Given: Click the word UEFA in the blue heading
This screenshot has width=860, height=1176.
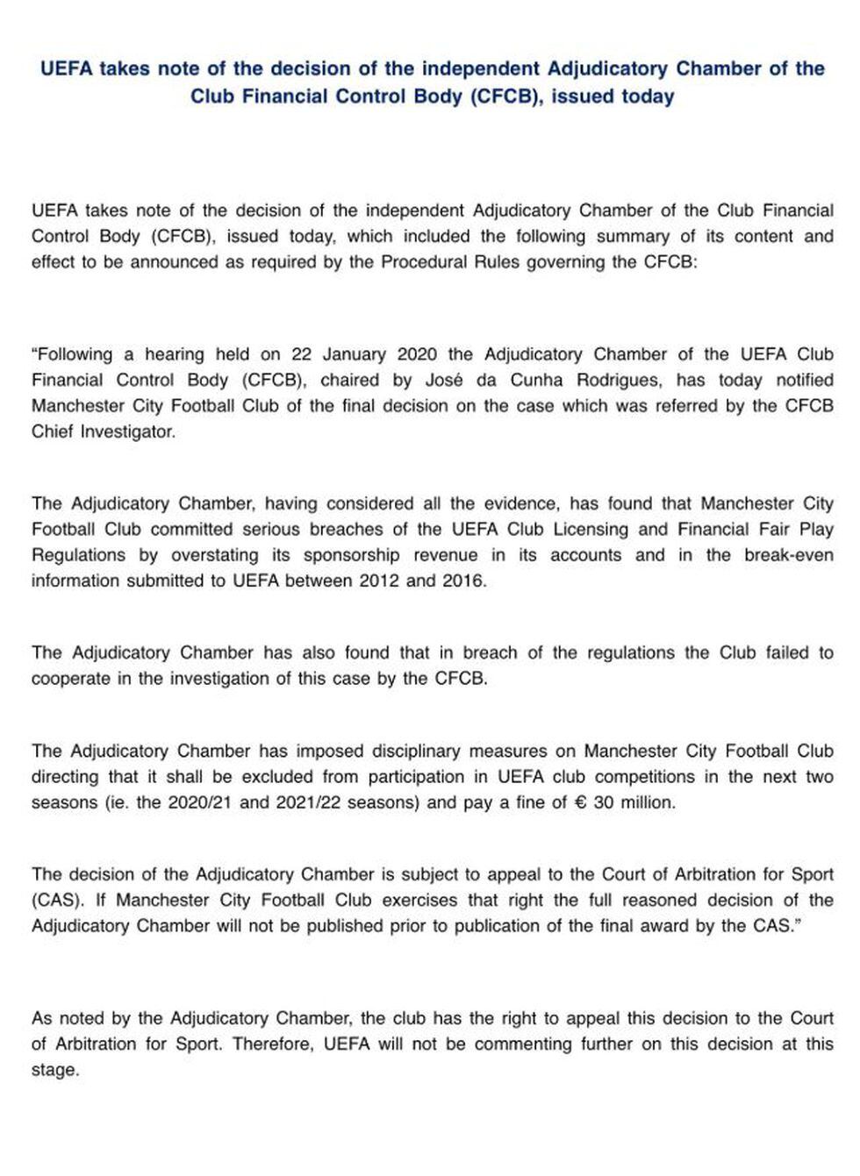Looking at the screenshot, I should coord(66,69).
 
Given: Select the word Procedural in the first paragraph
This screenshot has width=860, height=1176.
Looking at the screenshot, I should coord(419,262).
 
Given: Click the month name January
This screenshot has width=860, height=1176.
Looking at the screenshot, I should coord(355,354).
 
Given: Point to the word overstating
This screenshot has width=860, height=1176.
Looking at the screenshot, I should coord(214,555).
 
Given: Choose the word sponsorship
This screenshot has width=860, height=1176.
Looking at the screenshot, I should coord(351,555).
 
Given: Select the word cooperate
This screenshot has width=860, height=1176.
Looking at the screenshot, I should coord(69,678).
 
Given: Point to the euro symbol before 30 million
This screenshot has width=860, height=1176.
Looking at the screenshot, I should coord(579,802).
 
